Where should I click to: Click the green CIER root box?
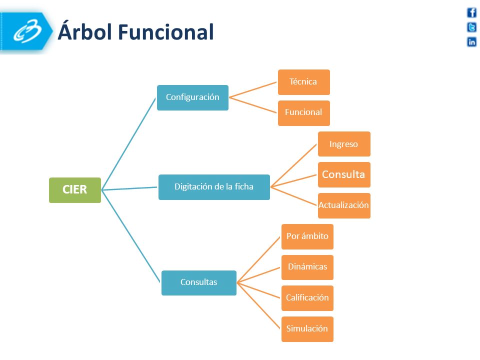pos(75,190)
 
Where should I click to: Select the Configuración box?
pos(192,97)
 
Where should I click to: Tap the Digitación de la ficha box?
pos(214,187)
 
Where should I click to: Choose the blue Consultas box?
pos(198,283)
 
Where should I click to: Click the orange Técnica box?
pos(303,82)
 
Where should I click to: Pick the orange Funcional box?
pos(303,113)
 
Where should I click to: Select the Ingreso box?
pos(344,144)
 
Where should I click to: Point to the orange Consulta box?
pos(344,175)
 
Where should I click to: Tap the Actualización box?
pos(344,205)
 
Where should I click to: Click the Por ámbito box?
pos(307,236)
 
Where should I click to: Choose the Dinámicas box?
pos(307,267)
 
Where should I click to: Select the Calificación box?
pos(307,298)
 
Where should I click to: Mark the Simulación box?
pos(307,329)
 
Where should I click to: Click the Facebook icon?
pos(471,12)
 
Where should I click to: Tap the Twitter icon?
pos(471,27)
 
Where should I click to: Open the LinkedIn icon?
pos(471,41)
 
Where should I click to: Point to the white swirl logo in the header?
pos(27,31)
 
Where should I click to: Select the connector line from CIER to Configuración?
pos(128,144)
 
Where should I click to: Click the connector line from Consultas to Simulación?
pos(258,306)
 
